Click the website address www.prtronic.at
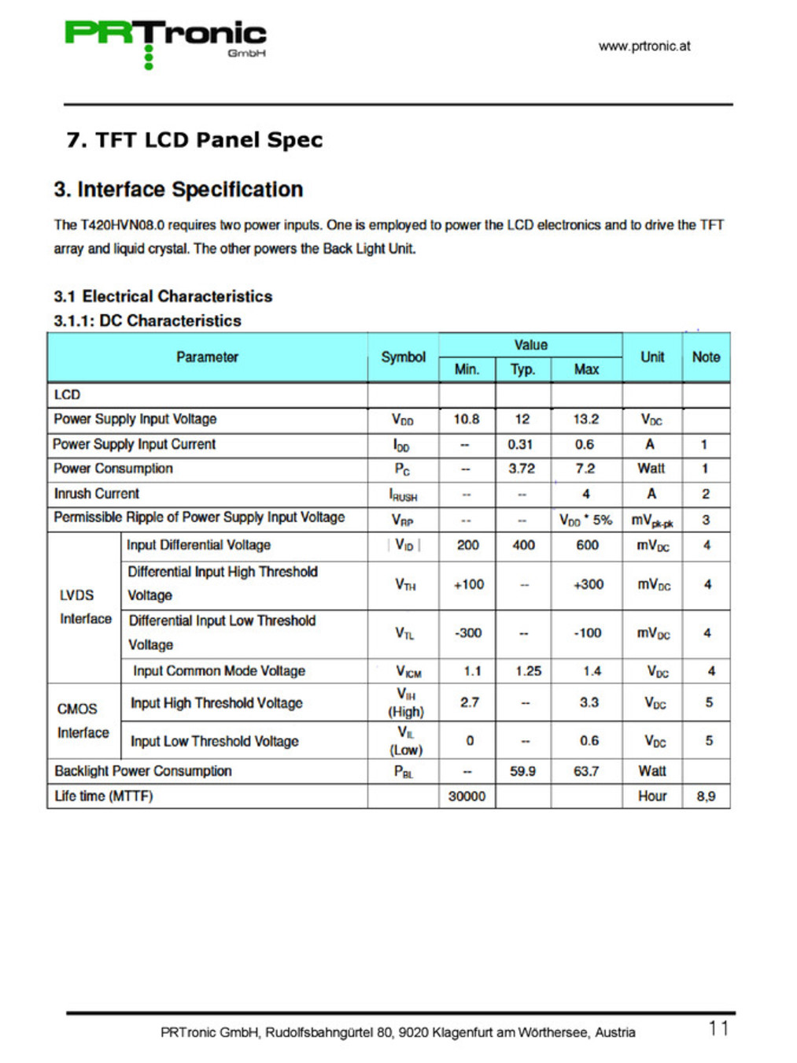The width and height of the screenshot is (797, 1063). point(644,46)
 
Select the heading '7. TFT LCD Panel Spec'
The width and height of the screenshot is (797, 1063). point(194,140)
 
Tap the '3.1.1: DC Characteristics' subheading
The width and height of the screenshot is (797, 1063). point(147,320)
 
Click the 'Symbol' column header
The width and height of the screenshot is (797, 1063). point(403,357)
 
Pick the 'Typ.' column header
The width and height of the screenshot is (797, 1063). point(522,369)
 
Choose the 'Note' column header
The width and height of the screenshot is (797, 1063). point(706,357)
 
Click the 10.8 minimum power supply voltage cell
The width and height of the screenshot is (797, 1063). point(467,419)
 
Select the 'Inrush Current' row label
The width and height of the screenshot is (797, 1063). point(96,494)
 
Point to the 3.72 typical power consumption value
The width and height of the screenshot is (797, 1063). point(522,469)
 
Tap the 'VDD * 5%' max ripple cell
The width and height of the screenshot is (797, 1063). point(585,520)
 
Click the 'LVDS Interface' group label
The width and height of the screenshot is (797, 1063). point(85,607)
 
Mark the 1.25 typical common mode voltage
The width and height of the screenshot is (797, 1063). point(528,671)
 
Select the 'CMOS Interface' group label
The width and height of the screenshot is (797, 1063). point(83,720)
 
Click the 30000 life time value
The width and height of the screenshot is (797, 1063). point(467,796)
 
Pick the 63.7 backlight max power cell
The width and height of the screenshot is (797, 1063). point(586,771)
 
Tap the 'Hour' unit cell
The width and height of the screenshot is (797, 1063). point(652,796)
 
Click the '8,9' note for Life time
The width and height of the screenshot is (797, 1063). point(706,796)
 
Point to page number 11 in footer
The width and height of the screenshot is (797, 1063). point(718,1028)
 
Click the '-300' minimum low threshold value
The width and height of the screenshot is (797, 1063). point(468,633)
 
